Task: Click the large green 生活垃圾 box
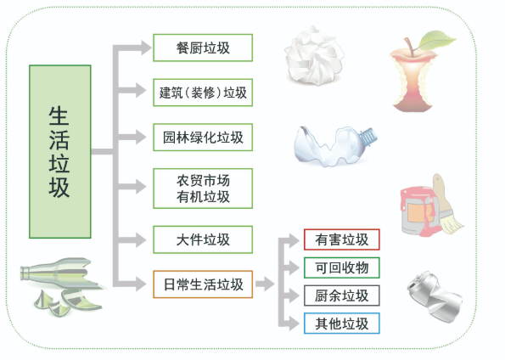tap(60, 151)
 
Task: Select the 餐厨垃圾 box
tap(203, 48)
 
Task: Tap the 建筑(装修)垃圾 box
tap(203, 93)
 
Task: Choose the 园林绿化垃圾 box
tap(203, 138)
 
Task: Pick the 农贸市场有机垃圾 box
tap(203, 188)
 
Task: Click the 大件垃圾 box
tap(203, 239)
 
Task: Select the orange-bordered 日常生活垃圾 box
tap(203, 284)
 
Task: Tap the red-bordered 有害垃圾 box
tap(342, 239)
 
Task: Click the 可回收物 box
tap(342, 267)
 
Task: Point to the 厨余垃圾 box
tap(342, 295)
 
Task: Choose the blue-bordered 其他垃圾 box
tap(342, 323)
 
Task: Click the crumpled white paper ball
tap(314, 56)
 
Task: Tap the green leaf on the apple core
tap(437, 40)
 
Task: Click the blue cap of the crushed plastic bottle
tap(369, 136)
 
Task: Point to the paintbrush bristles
tap(452, 222)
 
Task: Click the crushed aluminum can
tap(435, 295)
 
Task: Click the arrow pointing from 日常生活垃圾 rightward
tap(265, 284)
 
